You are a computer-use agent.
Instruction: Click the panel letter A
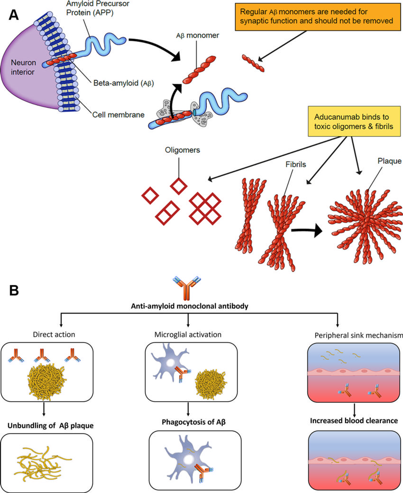[x=14, y=15]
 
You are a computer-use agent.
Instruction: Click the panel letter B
[x=14, y=289]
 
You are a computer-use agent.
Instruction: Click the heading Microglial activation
[x=189, y=334]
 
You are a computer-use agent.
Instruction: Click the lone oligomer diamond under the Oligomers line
[x=178, y=186]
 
